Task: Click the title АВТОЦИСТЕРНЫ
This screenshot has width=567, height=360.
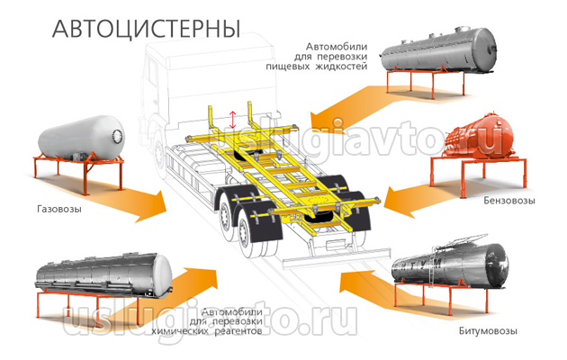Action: coord(148,26)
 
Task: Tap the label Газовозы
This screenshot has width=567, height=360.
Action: coord(60,209)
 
